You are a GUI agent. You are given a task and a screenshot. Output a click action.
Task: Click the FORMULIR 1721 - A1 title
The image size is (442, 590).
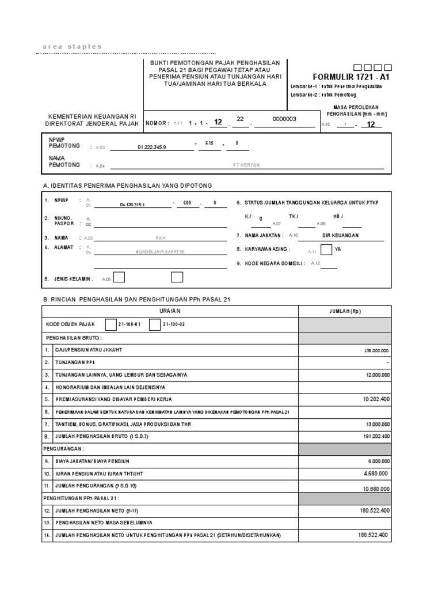[351, 77]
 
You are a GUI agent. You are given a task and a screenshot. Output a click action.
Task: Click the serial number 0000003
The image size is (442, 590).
[284, 119]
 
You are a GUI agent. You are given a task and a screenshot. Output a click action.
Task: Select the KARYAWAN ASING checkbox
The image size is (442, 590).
[326, 249]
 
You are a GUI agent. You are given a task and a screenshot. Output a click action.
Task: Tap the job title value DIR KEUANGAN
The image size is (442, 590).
[341, 235]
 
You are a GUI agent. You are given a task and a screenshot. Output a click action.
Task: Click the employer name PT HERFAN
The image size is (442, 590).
[246, 165]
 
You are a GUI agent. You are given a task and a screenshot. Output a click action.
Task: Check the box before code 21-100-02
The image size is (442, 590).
[154, 325]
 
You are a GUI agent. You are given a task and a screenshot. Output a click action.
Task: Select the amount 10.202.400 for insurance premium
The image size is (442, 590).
[376, 399]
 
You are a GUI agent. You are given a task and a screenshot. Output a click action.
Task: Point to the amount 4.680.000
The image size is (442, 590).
[376, 473]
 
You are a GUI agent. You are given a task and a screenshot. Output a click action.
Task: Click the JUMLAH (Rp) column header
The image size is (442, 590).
[345, 311]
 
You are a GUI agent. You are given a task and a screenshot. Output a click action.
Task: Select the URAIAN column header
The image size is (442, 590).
[170, 311]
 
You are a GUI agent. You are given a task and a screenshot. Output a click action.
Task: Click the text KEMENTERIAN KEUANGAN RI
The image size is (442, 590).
[92, 116]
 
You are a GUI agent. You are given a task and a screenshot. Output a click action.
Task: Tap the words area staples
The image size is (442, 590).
[73, 47]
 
